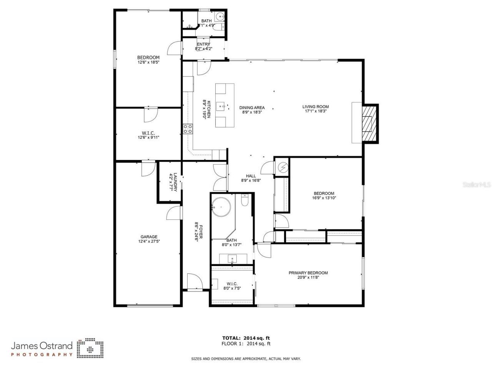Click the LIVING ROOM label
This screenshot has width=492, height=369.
315,107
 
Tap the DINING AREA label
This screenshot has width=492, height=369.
252,108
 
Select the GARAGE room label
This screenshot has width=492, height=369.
149,237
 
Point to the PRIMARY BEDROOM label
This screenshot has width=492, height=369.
308,273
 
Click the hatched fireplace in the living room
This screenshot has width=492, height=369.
369,123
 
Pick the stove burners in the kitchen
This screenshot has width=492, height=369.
188,129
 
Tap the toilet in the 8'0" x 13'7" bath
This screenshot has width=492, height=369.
245,201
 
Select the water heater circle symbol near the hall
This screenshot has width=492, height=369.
283,167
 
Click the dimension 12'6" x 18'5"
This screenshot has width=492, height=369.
148,62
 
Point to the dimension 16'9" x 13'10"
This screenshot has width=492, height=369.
324,198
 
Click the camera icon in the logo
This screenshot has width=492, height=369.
90,348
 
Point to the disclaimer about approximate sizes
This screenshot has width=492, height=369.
246,359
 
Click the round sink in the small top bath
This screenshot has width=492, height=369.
219,17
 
